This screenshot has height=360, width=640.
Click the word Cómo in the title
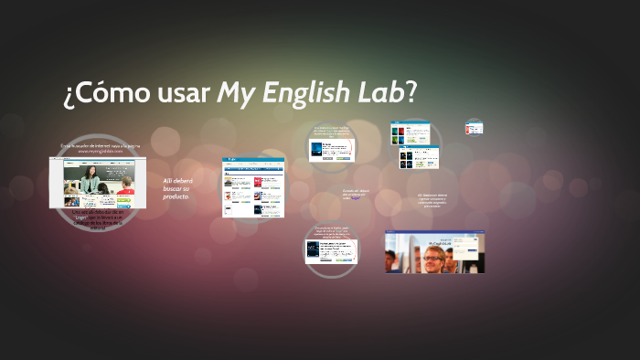107,92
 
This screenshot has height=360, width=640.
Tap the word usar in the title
181,92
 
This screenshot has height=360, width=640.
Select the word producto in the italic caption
176,196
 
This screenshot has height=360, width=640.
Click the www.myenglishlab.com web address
100,152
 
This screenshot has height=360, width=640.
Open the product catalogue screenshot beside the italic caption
253,186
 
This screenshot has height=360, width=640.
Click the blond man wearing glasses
430,257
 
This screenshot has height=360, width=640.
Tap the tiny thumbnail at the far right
473,128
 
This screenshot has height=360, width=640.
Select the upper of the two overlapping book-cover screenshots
417,133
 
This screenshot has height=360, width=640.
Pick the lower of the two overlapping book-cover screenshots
417,157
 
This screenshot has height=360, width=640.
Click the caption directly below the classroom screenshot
97,220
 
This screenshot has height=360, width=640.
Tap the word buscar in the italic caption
175,189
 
